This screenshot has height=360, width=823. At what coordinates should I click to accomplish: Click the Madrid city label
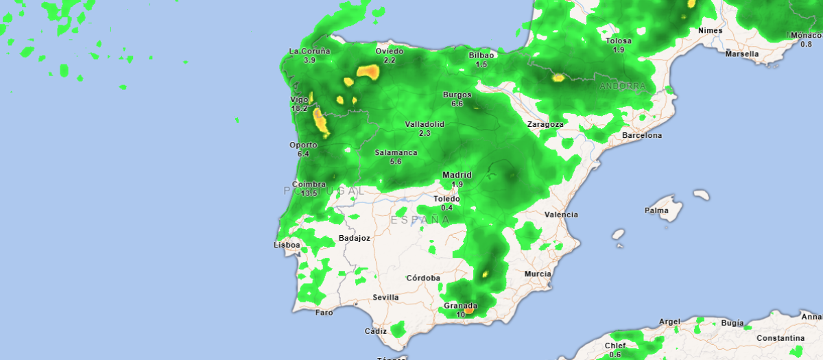coord(456,175)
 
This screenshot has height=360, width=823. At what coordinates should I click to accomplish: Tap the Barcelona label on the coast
coord(642,136)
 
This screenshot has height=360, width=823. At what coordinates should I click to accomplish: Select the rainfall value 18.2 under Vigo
coord(299,109)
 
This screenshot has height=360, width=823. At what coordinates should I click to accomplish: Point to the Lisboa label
coord(287,245)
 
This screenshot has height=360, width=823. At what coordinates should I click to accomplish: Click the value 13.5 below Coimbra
coord(309,193)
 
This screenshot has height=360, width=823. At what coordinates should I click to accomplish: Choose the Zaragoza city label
coord(545,125)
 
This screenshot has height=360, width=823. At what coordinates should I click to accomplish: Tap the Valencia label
coord(561,215)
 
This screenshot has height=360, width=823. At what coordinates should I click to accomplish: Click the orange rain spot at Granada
coord(469,311)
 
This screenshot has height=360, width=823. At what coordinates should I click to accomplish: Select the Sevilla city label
coord(385,298)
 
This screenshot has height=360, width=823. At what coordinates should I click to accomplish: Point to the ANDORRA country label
coord(622,86)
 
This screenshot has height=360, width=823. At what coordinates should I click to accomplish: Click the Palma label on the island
coord(656,211)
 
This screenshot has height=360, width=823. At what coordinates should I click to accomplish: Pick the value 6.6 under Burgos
coord(457,104)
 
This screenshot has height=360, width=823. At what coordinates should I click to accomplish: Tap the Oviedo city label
coord(390,51)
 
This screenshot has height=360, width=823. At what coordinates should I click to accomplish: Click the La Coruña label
coord(309,51)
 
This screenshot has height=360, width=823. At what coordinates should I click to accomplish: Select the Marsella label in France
coord(742,53)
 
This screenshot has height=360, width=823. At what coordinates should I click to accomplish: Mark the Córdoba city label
coord(423,278)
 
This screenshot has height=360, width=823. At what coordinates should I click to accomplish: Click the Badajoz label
coord(355,239)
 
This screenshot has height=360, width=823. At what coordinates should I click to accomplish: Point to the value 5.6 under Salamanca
coord(396,162)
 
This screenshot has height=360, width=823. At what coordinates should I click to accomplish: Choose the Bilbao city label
coord(481,56)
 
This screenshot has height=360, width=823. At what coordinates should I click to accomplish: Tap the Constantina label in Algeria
coord(780,339)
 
